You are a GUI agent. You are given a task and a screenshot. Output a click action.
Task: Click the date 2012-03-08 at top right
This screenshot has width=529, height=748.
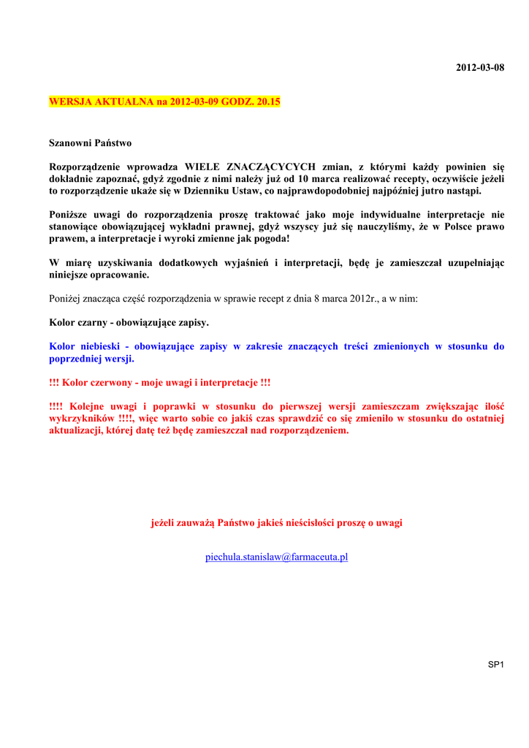tap(480, 68)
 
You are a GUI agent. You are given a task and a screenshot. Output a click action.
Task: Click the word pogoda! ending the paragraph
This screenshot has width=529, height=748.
tap(270, 239)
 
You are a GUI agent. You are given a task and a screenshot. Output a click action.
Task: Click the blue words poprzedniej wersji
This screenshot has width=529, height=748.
tap(91, 359)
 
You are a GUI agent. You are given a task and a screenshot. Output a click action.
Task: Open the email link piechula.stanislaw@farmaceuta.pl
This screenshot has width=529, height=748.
tap(276, 557)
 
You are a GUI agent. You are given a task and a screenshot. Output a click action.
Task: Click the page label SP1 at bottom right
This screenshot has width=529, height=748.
tap(496, 664)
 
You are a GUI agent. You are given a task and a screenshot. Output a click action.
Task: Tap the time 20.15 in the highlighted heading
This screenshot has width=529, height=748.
tap(268, 103)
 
